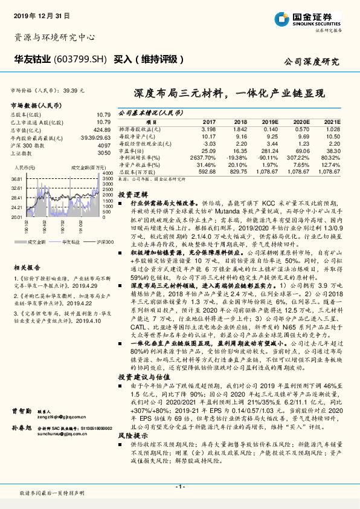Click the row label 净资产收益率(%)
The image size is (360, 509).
pos(138,164)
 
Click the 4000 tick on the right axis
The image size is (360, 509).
pos(106,173)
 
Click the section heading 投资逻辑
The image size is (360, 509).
pos(132,195)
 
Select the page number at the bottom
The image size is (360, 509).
pos(179,487)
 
